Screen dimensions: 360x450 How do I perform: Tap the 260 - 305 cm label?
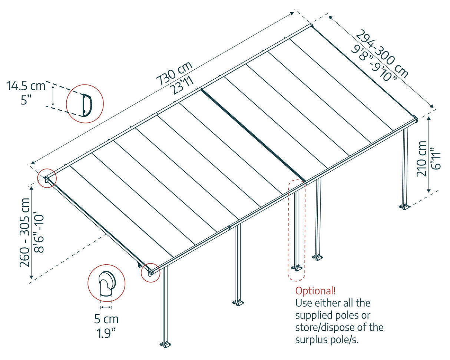coord(25,232)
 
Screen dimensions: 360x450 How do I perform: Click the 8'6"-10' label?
coord(39,232)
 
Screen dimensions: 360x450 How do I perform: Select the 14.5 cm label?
coord(26,86)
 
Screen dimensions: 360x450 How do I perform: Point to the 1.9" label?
coord(106,333)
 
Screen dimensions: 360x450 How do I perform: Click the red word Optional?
coord(315,290)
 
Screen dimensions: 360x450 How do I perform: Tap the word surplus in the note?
coord(312,340)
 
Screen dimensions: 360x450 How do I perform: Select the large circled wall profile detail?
coord(85,103)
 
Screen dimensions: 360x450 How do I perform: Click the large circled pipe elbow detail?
coord(106,283)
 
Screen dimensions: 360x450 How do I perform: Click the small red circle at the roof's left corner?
coord(47,179)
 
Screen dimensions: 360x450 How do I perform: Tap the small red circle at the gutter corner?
coord(150,273)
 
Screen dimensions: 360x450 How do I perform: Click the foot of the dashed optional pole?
coord(297,267)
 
